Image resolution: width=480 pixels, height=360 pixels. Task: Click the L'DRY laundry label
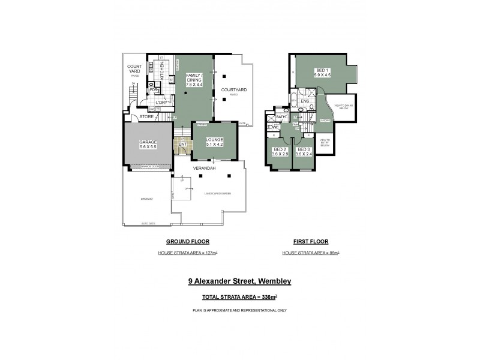[160, 102]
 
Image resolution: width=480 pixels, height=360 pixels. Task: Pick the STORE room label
[146, 116]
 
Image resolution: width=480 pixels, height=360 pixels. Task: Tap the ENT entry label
[182, 145]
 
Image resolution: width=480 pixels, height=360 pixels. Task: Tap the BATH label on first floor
[280, 117]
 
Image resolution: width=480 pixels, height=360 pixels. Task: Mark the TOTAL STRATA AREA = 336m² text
[239, 297]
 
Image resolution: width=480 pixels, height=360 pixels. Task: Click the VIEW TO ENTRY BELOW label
[325, 142]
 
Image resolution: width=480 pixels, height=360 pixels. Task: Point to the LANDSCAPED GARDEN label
[217, 194]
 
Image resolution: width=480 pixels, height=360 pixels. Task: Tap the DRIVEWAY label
[146, 199]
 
